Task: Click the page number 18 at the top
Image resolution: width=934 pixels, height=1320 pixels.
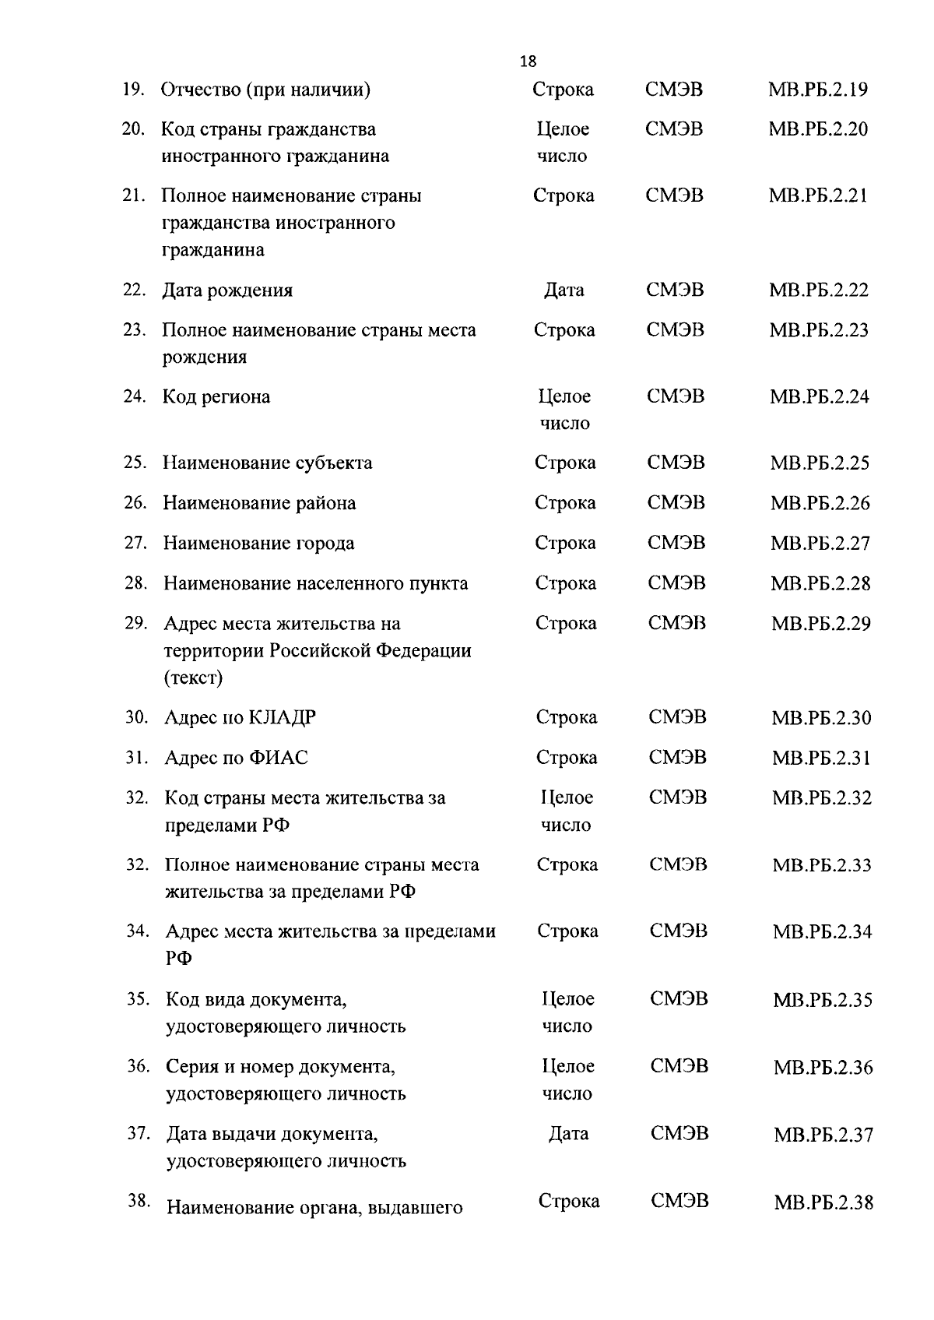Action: pos(528,62)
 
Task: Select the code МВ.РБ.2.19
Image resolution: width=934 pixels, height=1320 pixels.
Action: pos(817,90)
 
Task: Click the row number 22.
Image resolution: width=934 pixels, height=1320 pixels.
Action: pos(134,290)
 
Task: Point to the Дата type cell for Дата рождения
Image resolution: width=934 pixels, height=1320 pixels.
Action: pos(564,290)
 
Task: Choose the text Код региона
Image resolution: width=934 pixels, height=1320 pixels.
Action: pos(216,397)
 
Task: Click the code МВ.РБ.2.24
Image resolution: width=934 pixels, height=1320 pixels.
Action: pos(819,397)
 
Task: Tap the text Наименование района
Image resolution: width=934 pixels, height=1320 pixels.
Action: pos(259,503)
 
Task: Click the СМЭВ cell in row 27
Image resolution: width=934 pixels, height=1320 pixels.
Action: pos(676,543)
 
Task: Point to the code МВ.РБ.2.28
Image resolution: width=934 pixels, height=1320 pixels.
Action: pos(820,583)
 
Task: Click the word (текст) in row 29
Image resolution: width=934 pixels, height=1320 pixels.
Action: pos(193,678)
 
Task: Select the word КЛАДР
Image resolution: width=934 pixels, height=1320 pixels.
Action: pos(282,718)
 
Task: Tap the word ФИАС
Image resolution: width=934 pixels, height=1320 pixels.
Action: pos(279,758)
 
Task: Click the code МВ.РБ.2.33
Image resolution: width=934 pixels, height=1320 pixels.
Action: pos(821,865)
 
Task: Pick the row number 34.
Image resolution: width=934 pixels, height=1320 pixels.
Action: pos(138,931)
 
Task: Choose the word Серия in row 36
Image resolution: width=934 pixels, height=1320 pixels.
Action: pos(191,1066)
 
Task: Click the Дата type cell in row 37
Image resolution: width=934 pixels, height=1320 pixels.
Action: pos(568,1134)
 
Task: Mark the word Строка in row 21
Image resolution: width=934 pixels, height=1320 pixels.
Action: pos(564,195)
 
